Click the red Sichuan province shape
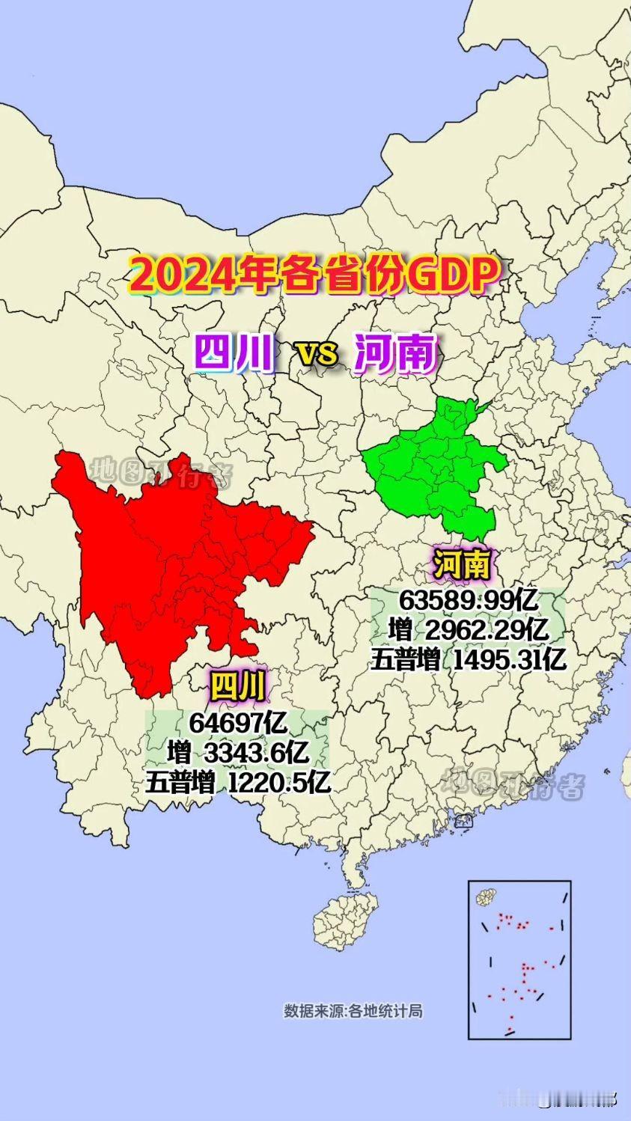pyautogui.click(x=172, y=569)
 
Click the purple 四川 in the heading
pyautogui.click(x=234, y=352)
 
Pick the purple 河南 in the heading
pyautogui.click(x=395, y=352)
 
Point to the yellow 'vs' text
pyautogui.click(x=318, y=352)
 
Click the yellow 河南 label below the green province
pyautogui.click(x=462, y=563)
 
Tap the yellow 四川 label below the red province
pyautogui.click(x=237, y=685)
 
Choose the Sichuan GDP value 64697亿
pyautogui.click(x=238, y=723)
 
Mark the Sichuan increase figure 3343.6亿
pyautogui.click(x=260, y=753)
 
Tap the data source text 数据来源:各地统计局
pyautogui.click(x=353, y=1011)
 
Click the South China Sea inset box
pyautogui.click(x=519, y=959)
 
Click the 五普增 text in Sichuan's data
pyautogui.click(x=180, y=783)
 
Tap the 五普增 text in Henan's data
pyautogui.click(x=405, y=659)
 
